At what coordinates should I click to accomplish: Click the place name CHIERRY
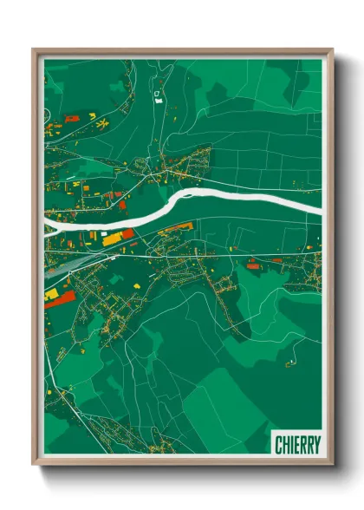click(296, 444)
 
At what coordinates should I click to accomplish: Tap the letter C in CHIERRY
click(278, 444)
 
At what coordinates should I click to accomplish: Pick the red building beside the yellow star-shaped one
click(92, 116)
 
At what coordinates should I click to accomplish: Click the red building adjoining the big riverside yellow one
click(126, 233)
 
